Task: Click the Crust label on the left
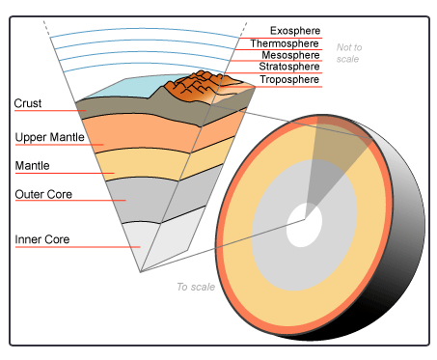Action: pos(27,102)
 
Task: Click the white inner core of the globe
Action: pos(304,230)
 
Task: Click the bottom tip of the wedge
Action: pos(140,271)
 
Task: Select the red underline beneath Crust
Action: pos(48,111)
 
